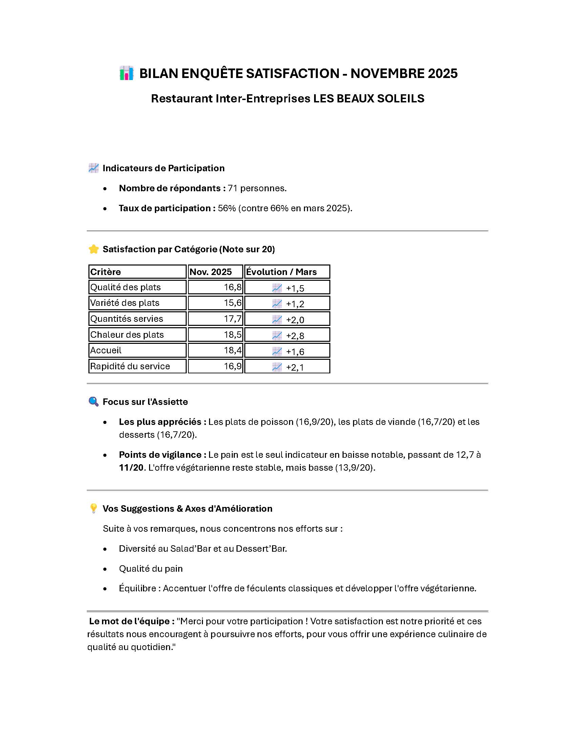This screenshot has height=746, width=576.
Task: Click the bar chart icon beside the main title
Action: click(126, 74)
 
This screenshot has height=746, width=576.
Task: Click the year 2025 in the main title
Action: click(443, 74)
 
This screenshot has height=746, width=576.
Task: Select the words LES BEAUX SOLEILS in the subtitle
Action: click(369, 98)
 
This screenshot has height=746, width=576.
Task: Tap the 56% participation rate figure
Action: click(227, 208)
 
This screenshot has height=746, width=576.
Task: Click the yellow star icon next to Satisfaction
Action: click(94, 249)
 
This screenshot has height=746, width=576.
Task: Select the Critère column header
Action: click(105, 272)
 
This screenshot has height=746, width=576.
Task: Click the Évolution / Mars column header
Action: click(281, 272)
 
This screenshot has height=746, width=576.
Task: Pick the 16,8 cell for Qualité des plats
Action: click(233, 287)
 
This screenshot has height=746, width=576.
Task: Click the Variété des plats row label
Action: click(125, 303)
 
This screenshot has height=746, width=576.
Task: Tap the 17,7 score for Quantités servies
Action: click(233, 319)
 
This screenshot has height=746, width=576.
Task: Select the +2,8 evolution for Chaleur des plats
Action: click(295, 335)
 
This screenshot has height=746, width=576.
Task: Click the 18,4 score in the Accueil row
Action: click(233, 351)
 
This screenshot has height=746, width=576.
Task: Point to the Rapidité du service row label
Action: click(130, 366)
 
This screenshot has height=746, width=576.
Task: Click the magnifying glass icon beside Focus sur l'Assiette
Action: click(93, 401)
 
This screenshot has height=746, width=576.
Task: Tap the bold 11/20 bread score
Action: click(131, 468)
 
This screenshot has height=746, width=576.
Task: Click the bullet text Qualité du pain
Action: click(150, 569)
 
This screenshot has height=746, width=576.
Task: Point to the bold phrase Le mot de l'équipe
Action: click(132, 621)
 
